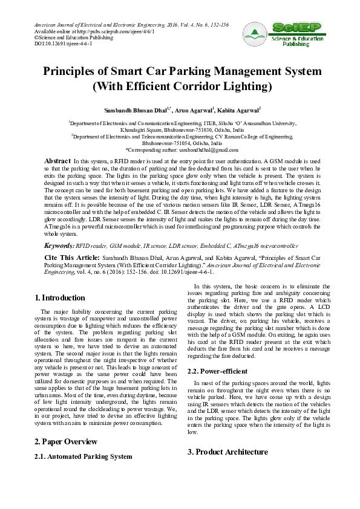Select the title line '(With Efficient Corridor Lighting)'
coord(182,85)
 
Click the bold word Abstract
coord(57,161)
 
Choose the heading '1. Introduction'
coord(60,298)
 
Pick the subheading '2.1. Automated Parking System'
coord(83,456)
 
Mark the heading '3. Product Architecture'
coord(227,452)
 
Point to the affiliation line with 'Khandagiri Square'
coord(182,129)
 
